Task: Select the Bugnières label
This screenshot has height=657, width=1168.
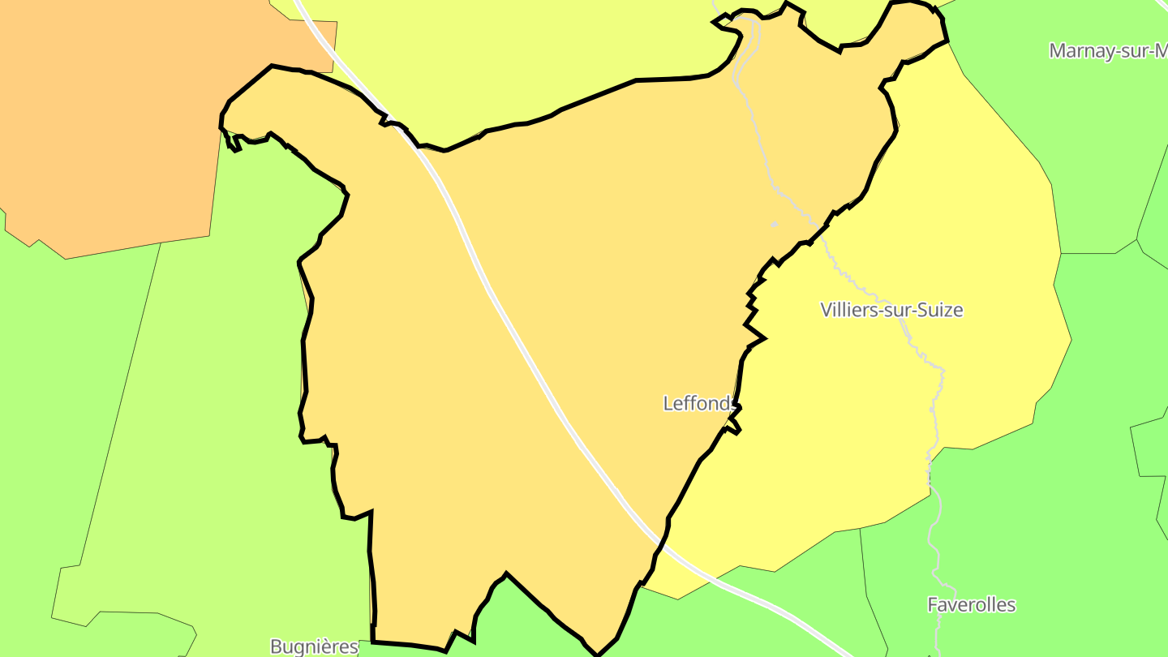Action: coord(314,646)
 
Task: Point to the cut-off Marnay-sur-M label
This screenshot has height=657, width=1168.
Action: coord(1107,51)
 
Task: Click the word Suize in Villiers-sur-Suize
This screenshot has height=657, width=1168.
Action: coord(937,310)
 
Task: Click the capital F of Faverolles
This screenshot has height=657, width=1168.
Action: coord(933,605)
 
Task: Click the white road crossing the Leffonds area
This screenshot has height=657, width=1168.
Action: coord(519,341)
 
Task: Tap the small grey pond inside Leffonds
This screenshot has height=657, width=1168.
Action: coord(774,224)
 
